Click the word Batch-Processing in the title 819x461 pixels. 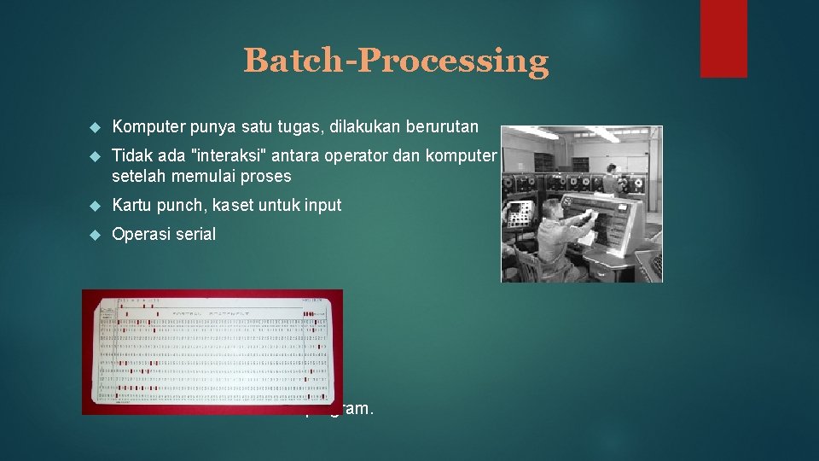pos(396,61)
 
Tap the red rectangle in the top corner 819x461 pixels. pos(723,38)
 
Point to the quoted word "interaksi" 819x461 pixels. pos(213,156)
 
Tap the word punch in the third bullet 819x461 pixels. pos(173,205)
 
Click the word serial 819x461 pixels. pos(195,234)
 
